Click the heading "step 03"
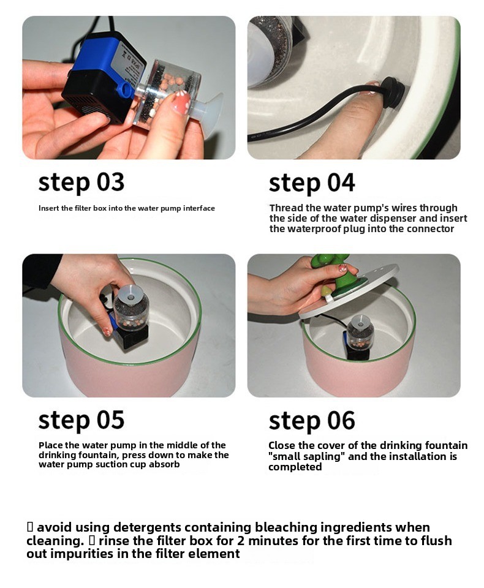[x=81, y=183]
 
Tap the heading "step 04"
[x=312, y=183]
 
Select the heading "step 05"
[x=81, y=420]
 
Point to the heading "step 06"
[x=312, y=421]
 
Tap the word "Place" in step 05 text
[x=50, y=445]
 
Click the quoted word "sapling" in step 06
[x=319, y=457]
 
